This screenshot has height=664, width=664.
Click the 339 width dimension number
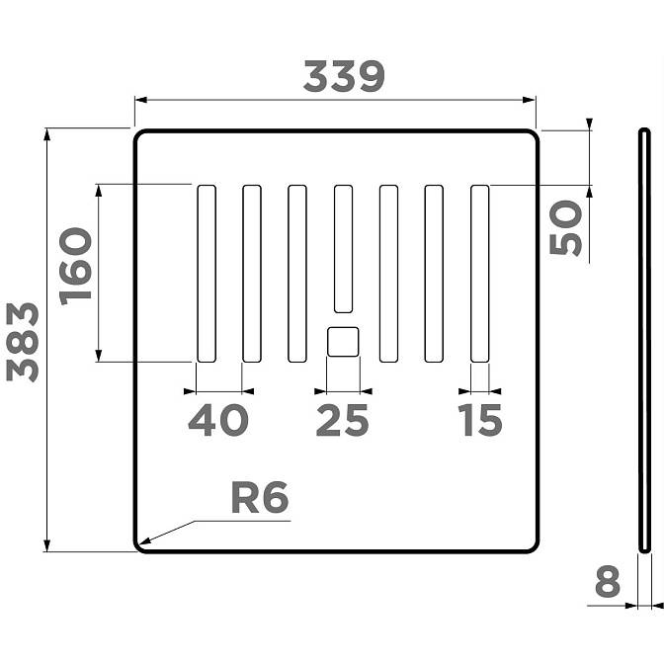[x=344, y=77]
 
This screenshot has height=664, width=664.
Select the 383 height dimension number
[x=23, y=342]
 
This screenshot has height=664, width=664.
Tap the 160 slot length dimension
[x=75, y=267]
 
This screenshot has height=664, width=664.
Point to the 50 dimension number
[x=565, y=228]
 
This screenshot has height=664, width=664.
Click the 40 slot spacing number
[x=218, y=420]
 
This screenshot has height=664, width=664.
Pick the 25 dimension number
[x=342, y=420]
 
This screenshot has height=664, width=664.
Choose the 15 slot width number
[x=480, y=420]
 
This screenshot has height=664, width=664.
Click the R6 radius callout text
[x=260, y=498]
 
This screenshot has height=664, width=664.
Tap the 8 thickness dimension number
[x=608, y=582]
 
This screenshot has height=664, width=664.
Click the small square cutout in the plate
[x=343, y=342]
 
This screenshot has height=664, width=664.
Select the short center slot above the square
[x=343, y=249]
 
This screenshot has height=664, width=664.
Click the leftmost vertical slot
[x=207, y=274]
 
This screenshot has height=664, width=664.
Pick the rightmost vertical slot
[x=480, y=274]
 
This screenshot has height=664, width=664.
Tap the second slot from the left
[x=252, y=274]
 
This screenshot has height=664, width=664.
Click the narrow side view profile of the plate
[x=644, y=341]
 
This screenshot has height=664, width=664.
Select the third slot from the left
[x=297, y=274]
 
